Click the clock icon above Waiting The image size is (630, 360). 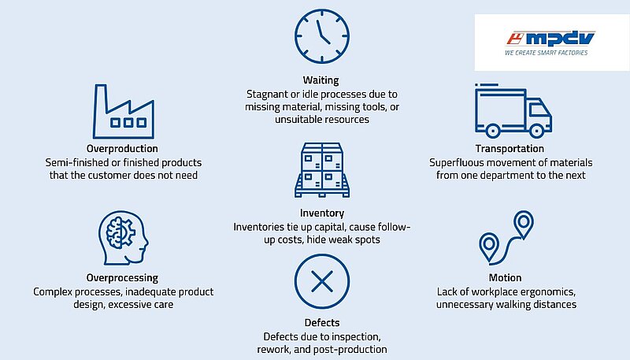pyautogui.click(x=322, y=36)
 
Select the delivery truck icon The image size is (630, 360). pyautogui.click(x=513, y=111)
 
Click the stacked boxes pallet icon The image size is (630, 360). pyautogui.click(x=322, y=170)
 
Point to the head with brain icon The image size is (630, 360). pyautogui.click(x=124, y=238)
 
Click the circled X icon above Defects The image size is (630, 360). pyautogui.click(x=322, y=281)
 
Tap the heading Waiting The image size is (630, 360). pyautogui.click(x=321, y=80)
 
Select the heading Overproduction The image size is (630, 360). pyautogui.click(x=122, y=149)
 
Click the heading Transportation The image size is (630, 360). pyautogui.click(x=510, y=149)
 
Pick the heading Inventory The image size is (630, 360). pyautogui.click(x=322, y=213)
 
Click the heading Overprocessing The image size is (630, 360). pyautogui.click(x=122, y=277)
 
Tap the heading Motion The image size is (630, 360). pyautogui.click(x=505, y=277)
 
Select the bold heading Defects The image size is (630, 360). pyautogui.click(x=322, y=323)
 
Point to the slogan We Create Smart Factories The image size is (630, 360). pyautogui.click(x=546, y=53)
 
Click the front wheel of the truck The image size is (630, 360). pyautogui.click(x=536, y=131)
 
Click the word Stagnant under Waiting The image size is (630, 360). pyautogui.click(x=267, y=95)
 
